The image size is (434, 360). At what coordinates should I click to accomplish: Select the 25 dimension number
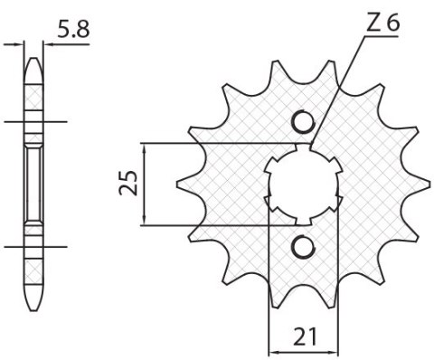(x=129, y=183)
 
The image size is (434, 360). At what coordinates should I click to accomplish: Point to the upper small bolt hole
(x=304, y=121)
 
